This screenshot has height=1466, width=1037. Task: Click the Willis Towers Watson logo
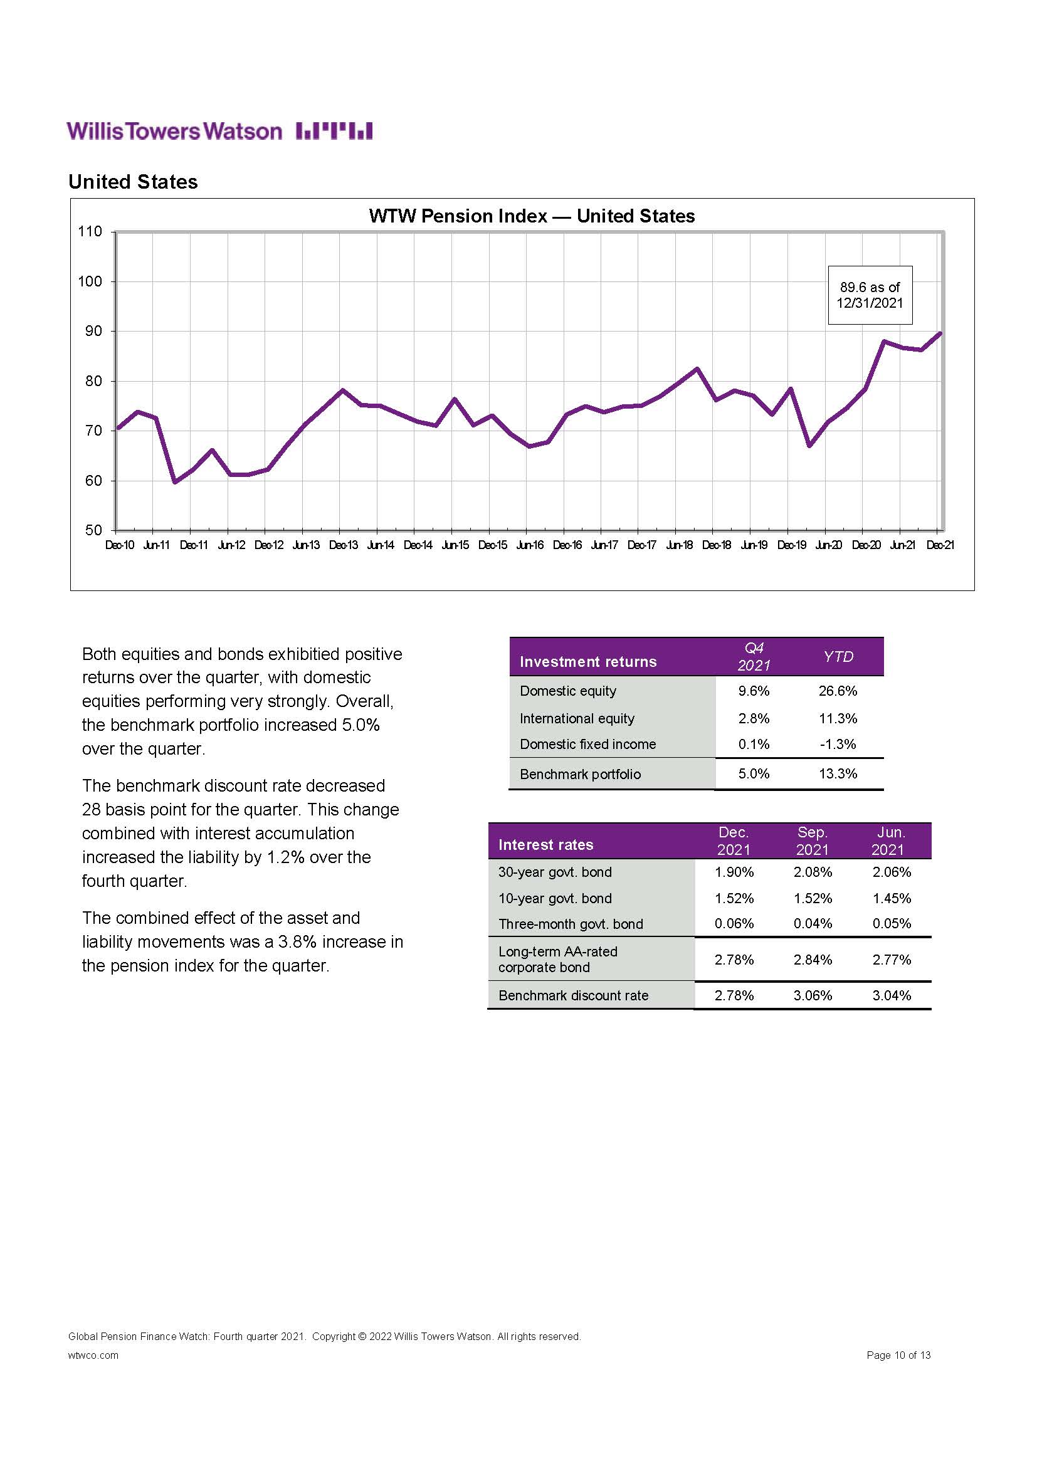point(219,131)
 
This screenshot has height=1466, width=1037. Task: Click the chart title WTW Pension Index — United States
point(531,216)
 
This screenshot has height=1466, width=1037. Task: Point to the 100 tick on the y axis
point(90,281)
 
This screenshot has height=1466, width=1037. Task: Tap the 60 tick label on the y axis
point(93,481)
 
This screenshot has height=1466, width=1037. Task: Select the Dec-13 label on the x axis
point(343,545)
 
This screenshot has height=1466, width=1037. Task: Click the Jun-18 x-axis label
point(679,545)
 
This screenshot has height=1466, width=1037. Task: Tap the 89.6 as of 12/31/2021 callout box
point(870,295)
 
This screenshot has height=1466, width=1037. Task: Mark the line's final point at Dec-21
point(939,333)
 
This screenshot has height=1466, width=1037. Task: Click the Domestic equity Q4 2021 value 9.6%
point(754,691)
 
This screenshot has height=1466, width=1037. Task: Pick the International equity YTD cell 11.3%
point(838,718)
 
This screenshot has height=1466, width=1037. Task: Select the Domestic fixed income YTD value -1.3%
point(838,744)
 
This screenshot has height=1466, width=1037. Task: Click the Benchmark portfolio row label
point(580,774)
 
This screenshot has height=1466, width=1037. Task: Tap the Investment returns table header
point(587,661)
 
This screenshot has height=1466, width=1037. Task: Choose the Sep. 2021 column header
point(812,841)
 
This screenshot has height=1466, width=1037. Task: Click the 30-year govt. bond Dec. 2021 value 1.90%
point(734,872)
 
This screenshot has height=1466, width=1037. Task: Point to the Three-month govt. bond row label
point(570,924)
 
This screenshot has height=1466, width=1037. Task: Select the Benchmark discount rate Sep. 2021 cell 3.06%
point(812,995)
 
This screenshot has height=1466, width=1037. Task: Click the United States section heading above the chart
point(133,182)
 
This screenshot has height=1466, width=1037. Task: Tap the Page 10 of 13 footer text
point(898,1355)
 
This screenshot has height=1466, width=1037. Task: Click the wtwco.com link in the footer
point(93,1356)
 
